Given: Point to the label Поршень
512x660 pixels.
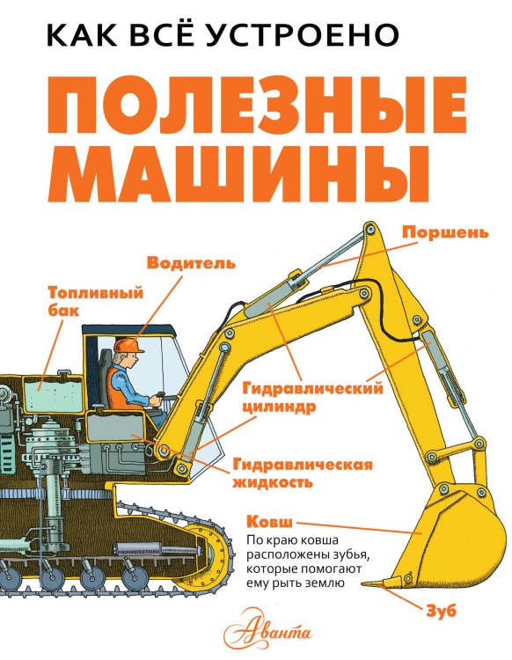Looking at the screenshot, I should (x=444, y=232).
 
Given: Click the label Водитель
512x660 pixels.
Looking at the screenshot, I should (x=191, y=262).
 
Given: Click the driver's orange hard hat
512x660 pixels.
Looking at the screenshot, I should (x=129, y=342).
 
